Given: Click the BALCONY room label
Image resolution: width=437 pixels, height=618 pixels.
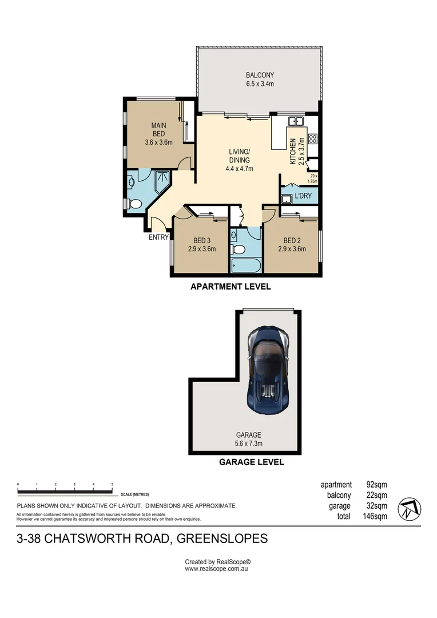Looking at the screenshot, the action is click(x=260, y=75).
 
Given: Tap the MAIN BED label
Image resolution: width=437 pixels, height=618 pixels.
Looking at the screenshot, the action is click(x=159, y=130).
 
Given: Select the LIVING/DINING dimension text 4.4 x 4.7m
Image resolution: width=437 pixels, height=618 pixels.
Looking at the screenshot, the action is click(x=239, y=169).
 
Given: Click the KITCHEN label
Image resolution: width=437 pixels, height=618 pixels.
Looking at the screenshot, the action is click(x=293, y=151).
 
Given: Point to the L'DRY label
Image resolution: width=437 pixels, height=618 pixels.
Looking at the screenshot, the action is click(x=303, y=196).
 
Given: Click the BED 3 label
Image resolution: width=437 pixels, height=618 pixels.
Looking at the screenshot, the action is click(x=202, y=240).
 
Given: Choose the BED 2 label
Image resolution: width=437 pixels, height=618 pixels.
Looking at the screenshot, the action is click(x=292, y=240).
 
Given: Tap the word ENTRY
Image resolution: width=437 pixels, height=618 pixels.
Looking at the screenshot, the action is click(x=158, y=237).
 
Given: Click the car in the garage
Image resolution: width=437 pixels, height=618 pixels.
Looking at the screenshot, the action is click(x=268, y=370).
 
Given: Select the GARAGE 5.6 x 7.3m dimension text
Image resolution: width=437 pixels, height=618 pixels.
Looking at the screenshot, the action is click(x=248, y=443).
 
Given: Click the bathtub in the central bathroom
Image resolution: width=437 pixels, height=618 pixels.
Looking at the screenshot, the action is click(x=245, y=266).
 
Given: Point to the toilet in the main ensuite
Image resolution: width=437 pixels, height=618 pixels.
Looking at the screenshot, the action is click(x=135, y=204).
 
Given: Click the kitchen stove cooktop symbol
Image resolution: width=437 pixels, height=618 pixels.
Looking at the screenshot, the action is click(x=313, y=138).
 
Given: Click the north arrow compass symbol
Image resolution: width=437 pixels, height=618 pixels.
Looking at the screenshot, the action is click(x=410, y=509).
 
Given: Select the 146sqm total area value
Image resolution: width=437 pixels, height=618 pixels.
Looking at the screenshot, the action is click(x=375, y=516).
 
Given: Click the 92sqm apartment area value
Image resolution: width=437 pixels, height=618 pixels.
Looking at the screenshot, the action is click(x=377, y=485).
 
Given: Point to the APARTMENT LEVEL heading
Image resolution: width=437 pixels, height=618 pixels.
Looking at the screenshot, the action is click(x=231, y=287).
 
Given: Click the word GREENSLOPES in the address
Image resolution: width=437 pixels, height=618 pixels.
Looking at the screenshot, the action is click(x=222, y=538).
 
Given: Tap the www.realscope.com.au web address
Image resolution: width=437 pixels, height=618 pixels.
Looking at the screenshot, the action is click(x=216, y=569).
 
